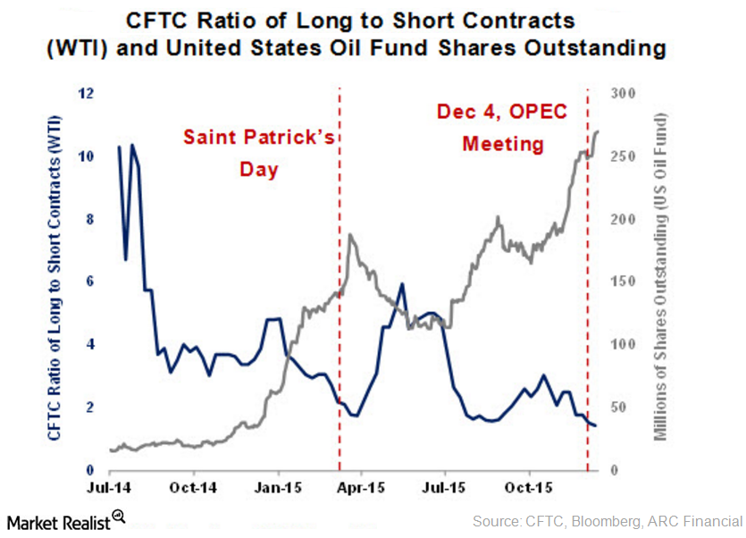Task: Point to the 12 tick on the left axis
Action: click(88, 93)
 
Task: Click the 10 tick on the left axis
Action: click(88, 156)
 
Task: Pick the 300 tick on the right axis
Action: click(619, 93)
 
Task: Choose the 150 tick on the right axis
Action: click(619, 282)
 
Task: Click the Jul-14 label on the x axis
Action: click(110, 490)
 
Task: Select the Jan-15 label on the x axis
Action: click(278, 490)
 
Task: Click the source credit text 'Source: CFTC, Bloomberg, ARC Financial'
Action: click(607, 520)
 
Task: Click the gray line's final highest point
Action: click(597, 131)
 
